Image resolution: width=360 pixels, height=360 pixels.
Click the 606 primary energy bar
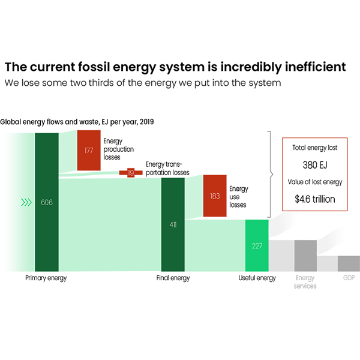click(46, 202)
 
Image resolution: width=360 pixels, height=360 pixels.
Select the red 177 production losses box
click(89, 151)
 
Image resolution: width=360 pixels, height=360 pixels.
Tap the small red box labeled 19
click(131, 173)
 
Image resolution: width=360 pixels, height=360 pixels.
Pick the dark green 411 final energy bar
click(173, 224)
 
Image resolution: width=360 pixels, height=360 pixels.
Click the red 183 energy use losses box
click(215, 196)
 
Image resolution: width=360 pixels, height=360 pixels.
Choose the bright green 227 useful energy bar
click(257, 245)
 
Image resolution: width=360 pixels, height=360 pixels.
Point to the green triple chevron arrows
click(26, 202)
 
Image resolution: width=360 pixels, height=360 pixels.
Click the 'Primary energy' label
click(46, 278)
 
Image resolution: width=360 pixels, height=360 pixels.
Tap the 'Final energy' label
click(173, 278)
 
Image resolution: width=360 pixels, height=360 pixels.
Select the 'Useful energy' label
click(257, 278)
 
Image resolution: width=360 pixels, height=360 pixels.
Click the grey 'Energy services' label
click(305, 282)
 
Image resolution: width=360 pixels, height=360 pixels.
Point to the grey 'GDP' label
click(349, 278)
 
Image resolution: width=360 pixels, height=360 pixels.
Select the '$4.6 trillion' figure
click(315, 199)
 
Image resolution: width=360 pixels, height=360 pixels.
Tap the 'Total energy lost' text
click(315, 146)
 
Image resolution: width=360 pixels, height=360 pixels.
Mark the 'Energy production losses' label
click(119, 149)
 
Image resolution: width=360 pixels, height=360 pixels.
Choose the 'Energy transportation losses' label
click(167, 169)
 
